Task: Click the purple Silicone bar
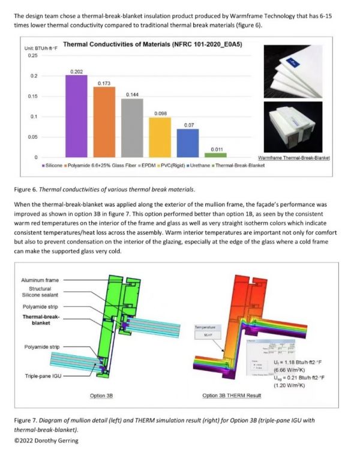coord(76,116)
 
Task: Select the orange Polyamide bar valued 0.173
coord(104,122)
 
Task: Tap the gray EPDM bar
coord(132,128)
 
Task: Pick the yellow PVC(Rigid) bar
coord(160,137)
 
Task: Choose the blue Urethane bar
coord(187,143)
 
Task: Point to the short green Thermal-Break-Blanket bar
coord(215,155)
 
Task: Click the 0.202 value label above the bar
coord(76,71)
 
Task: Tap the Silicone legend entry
coord(53,164)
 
